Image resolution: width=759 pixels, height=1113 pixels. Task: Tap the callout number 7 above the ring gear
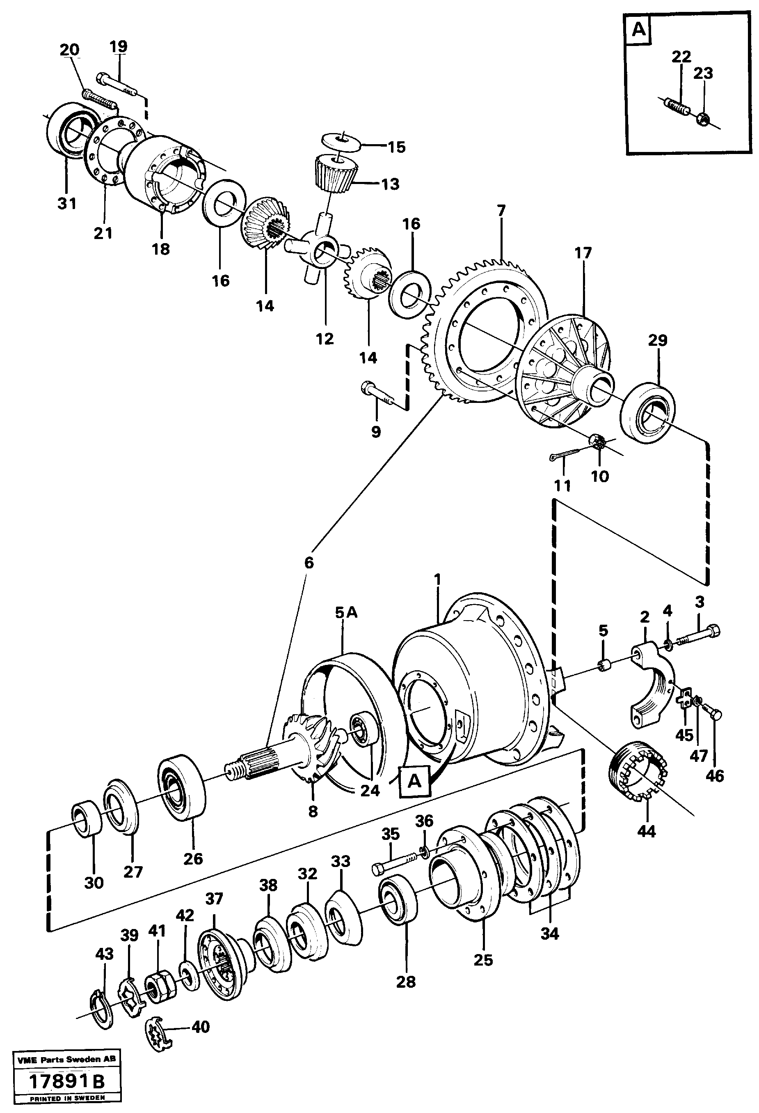tap(501, 210)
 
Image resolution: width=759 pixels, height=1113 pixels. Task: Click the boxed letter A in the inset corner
tap(639, 30)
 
